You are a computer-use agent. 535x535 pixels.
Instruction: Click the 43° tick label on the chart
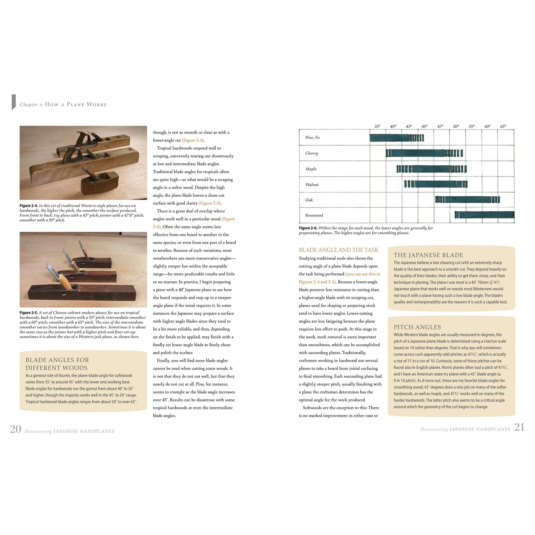(409, 126)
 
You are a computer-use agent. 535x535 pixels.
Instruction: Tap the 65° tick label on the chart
(503, 126)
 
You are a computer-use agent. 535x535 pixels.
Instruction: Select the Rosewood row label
(314, 215)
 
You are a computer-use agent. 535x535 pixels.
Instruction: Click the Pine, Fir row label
(312, 137)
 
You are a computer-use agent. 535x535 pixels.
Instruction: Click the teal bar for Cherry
(424, 153)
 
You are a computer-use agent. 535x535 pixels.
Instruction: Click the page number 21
(519, 427)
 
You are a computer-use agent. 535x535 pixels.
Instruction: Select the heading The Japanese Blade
(428, 255)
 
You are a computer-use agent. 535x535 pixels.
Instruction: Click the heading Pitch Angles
(417, 327)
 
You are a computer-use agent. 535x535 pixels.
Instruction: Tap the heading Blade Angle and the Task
(338, 250)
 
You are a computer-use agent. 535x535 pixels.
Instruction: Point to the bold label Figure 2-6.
(308, 228)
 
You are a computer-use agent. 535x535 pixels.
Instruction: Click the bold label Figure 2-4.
(29, 206)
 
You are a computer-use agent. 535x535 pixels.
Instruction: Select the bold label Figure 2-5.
(29, 313)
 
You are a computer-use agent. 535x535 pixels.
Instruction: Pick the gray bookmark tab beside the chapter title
(14, 102)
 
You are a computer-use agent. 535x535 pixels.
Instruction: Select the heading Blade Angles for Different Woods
(57, 364)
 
